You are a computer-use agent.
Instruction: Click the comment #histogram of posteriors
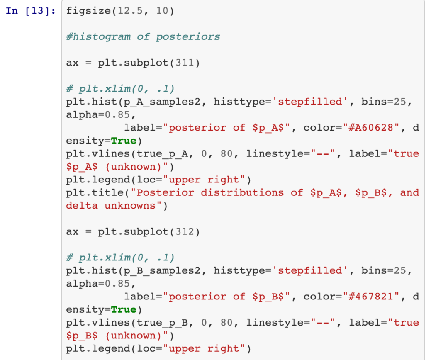143,36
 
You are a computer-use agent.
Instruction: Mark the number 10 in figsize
163,11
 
